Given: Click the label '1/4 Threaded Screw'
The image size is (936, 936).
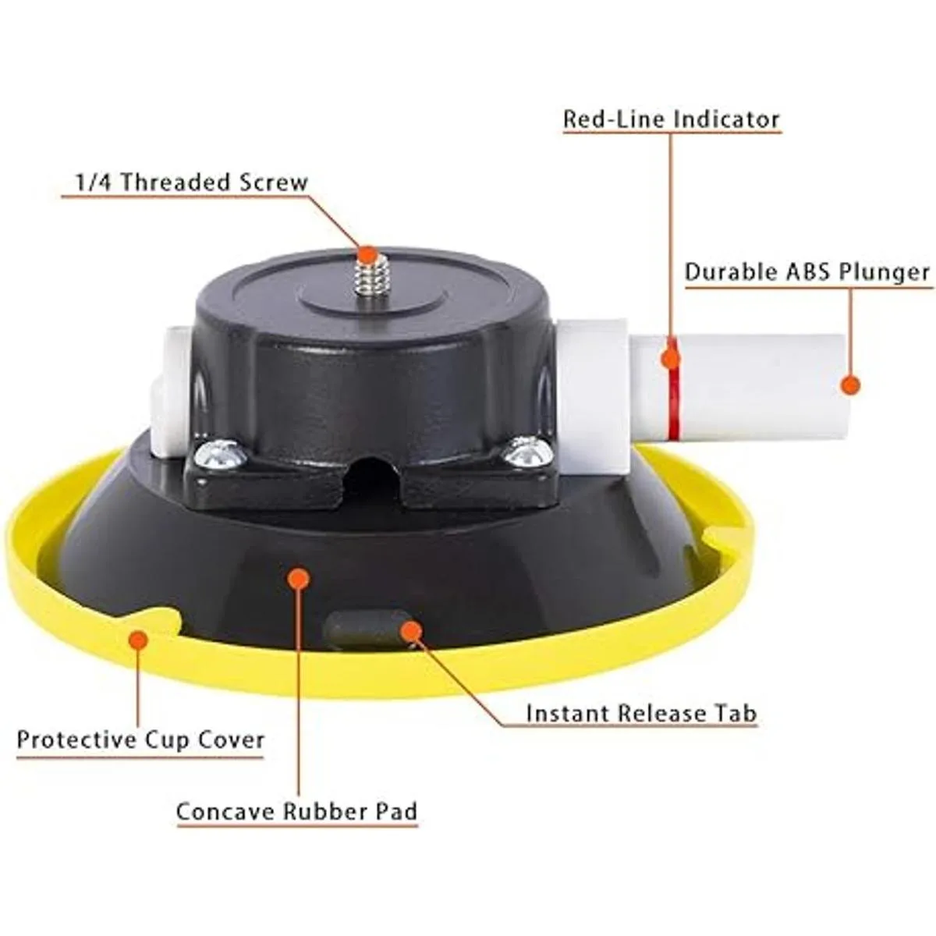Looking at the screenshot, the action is [x=191, y=183].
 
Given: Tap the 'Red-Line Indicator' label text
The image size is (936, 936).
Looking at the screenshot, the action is [x=672, y=119].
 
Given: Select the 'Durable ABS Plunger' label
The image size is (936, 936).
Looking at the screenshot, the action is [x=807, y=272].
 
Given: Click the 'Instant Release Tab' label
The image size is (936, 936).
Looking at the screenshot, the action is [x=642, y=713].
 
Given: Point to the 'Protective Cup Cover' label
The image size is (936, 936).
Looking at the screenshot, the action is [x=141, y=739].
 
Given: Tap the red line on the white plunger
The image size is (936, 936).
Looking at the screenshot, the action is [x=672, y=388].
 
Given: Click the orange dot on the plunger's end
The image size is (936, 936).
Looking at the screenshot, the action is [x=850, y=385].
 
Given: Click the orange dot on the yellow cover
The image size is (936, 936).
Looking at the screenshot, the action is [x=137, y=640].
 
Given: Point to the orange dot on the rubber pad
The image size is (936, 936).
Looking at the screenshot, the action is [x=298, y=579].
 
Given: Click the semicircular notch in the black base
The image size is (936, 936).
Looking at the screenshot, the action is [x=374, y=480].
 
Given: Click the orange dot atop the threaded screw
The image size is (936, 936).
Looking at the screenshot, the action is [x=367, y=254].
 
